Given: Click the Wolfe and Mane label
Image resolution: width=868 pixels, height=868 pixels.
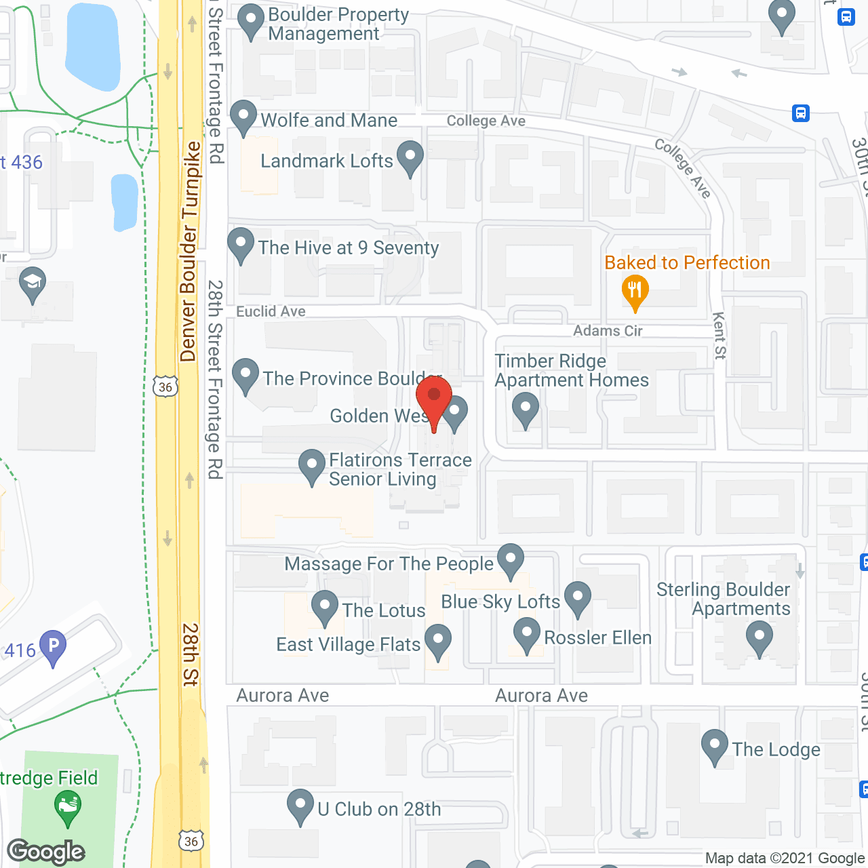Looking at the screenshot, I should [x=329, y=121].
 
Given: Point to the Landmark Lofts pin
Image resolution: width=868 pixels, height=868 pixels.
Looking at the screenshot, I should [x=410, y=157].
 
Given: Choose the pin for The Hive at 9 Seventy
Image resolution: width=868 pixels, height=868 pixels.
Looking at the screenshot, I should [x=240, y=245].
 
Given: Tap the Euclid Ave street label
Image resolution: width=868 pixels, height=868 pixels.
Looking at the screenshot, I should [x=271, y=311].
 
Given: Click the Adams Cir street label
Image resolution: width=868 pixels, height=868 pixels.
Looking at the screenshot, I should [x=608, y=331].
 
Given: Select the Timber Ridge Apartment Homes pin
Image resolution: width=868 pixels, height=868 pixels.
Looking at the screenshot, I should [x=525, y=410].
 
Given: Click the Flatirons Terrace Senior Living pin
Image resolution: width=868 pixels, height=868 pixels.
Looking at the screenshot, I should [x=312, y=466].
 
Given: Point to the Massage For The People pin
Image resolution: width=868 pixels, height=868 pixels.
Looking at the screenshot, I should [x=510, y=560].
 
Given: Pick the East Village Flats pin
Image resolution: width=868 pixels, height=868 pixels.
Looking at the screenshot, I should [x=438, y=641].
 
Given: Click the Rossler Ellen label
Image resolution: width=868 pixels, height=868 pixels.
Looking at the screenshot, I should [x=597, y=638].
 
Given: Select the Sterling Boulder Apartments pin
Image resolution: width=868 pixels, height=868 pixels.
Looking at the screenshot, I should [x=759, y=639].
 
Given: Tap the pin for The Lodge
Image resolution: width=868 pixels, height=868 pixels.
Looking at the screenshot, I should [x=714, y=746].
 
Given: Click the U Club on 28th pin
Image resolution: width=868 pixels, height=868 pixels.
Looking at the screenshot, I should [x=300, y=806].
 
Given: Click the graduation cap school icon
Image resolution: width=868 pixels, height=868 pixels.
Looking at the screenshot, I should [x=32, y=285].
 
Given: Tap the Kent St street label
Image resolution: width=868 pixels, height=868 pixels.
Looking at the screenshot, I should [x=719, y=336].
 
